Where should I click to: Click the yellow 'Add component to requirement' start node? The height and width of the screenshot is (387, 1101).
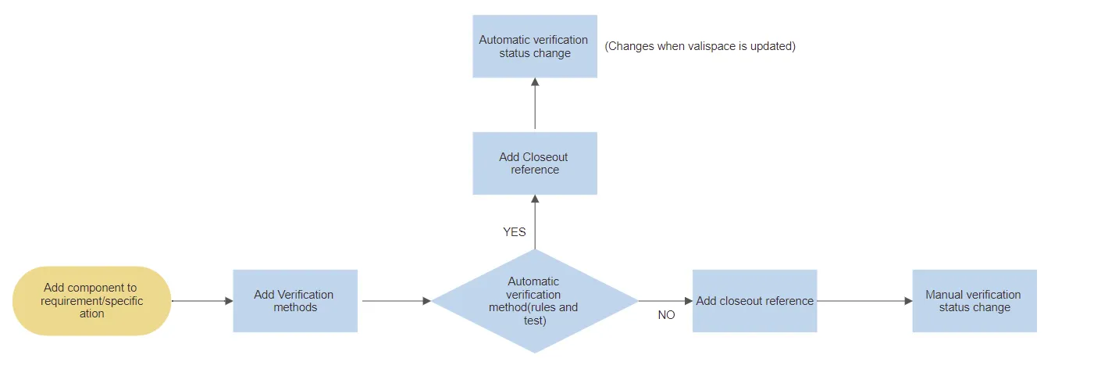92,301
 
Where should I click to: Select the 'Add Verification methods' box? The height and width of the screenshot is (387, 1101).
295,301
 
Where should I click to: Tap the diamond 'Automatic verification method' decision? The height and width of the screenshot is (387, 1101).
535,301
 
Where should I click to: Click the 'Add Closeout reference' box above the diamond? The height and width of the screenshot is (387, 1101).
535,163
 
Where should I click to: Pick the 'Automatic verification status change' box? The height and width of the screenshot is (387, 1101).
535,46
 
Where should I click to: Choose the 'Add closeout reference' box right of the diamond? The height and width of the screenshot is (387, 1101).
755,301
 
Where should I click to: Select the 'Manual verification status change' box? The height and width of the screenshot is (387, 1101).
975,301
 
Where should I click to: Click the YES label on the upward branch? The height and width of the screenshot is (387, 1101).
514,232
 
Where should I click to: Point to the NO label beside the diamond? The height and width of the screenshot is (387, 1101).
667,315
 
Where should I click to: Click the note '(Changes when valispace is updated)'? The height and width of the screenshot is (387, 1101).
700,46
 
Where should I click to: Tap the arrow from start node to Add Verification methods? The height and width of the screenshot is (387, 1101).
202,301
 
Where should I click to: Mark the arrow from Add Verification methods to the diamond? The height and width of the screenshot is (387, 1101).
397,301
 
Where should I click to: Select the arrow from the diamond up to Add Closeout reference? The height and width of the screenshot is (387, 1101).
535,222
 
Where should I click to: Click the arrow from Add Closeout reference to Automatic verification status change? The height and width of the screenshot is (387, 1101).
535,103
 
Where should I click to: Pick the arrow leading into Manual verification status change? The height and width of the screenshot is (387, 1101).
865,301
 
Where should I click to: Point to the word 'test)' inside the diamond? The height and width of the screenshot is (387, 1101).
535,321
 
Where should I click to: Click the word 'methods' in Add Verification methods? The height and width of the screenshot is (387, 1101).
295,307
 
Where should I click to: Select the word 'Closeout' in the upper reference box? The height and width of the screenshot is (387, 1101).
545,157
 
